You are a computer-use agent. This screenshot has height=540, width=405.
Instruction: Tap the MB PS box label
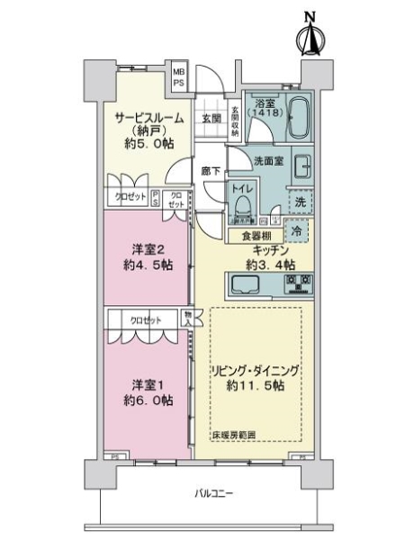point(180,76)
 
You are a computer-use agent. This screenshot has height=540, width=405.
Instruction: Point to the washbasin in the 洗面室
point(302,168)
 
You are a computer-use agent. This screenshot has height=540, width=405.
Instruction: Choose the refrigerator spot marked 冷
point(298,229)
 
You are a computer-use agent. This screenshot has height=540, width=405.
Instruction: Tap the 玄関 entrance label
point(211,118)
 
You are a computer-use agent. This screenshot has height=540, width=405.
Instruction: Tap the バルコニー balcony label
point(213,493)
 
